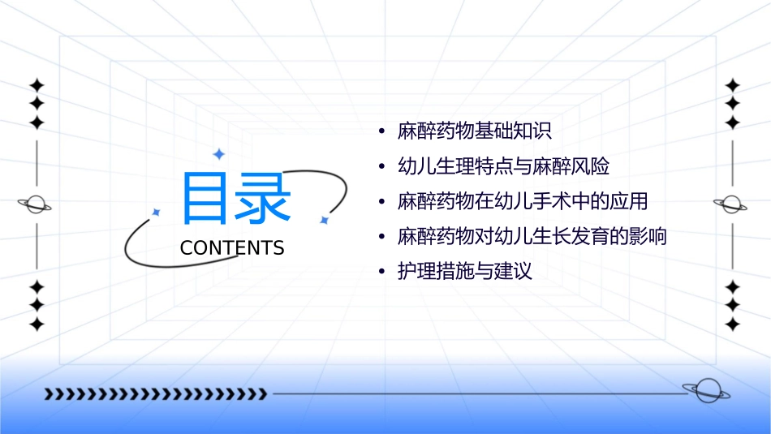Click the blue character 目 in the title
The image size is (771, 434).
(x=206, y=199)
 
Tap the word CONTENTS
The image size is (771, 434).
(x=232, y=248)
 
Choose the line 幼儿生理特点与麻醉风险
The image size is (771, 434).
(x=503, y=167)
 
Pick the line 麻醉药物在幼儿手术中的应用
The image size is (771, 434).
(x=523, y=202)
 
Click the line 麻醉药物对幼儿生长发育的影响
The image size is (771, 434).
(x=532, y=237)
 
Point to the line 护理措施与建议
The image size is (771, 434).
(x=464, y=272)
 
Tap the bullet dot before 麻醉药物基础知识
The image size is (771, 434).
(x=381, y=131)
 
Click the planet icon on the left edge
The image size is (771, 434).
(x=36, y=204)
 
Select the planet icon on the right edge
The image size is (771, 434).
(x=732, y=204)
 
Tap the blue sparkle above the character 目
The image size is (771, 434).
(x=218, y=153)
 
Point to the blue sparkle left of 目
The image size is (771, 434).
(x=157, y=212)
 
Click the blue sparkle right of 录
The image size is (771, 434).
(x=323, y=220)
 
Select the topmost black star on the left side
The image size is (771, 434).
(x=37, y=84)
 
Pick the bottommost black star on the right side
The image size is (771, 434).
(x=733, y=324)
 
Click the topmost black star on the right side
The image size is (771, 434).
(x=733, y=84)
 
